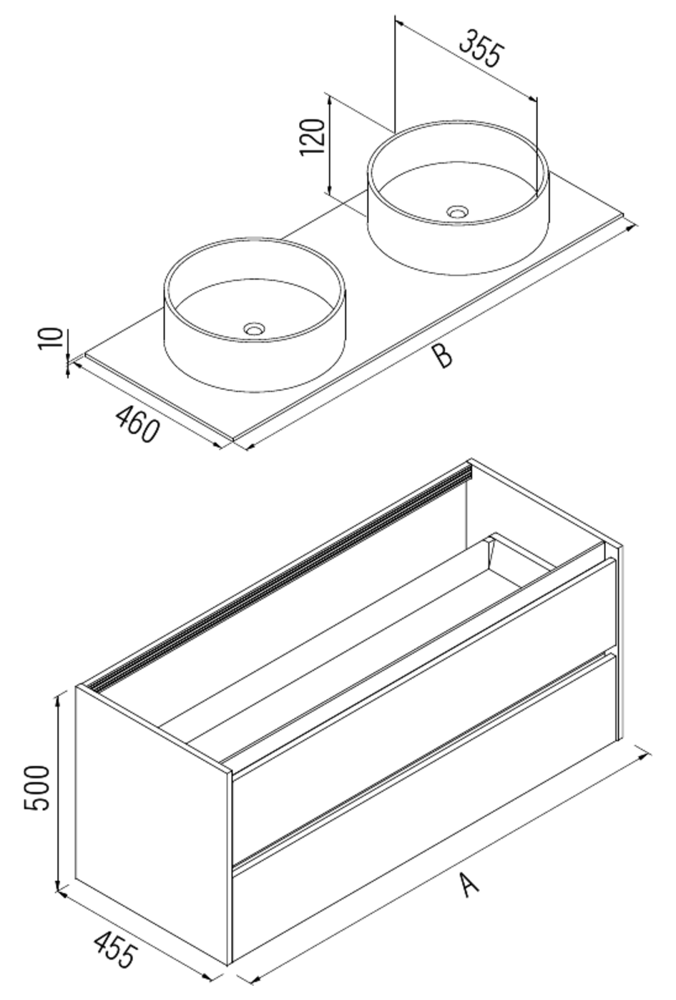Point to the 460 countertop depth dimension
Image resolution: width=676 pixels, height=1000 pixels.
[x=137, y=423]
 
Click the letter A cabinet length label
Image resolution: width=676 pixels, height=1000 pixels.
[x=469, y=885]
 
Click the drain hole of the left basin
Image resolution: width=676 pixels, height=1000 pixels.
[x=254, y=329]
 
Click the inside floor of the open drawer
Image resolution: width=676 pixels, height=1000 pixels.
[x=343, y=644]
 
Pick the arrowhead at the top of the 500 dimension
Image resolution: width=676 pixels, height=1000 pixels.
[x=58, y=700]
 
